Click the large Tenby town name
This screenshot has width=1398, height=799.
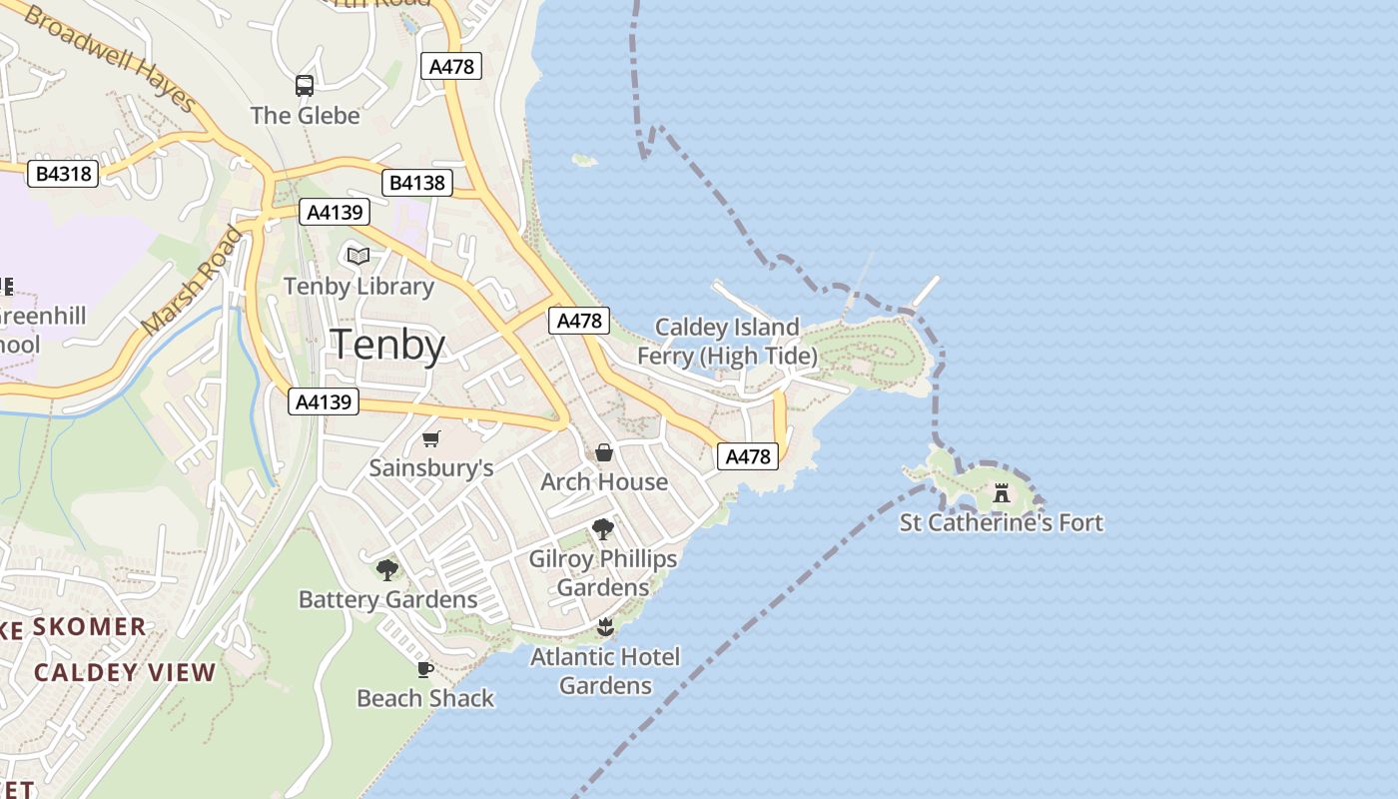tap(387, 345)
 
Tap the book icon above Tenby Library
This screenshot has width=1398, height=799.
tap(358, 256)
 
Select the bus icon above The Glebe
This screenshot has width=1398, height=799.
tap(305, 86)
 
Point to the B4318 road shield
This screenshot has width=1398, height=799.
tap(63, 174)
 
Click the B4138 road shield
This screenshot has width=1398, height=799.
tap(417, 183)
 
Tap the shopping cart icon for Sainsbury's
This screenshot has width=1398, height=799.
tap(431, 438)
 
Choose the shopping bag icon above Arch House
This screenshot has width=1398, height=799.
tap(604, 452)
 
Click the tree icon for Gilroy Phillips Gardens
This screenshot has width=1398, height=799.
tap(602, 528)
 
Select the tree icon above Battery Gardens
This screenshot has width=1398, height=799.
tap(387, 569)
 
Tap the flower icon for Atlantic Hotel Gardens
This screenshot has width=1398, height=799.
tap(604, 627)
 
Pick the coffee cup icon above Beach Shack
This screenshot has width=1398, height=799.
tap(425, 669)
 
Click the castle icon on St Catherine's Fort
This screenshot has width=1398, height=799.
tap(1002, 492)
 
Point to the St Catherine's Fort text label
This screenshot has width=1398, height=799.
tap(1002, 522)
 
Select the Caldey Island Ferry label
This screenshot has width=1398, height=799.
tap(727, 342)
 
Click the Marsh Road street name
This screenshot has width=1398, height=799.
tap(192, 282)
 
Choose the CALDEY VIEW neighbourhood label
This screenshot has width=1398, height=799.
tap(125, 672)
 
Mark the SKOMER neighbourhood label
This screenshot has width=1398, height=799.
tap(90, 627)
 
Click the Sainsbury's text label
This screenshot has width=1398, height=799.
tap(431, 468)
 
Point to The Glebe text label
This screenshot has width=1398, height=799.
tap(305, 116)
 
